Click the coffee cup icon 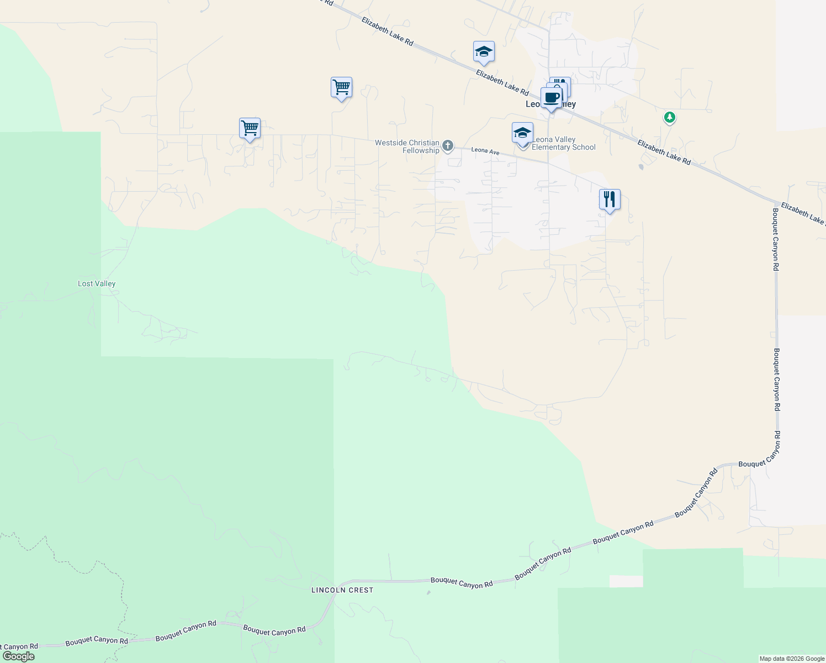coord(551,98)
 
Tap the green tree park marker coord(669,117)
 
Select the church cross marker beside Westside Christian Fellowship coord(448,146)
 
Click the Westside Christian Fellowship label coord(407,146)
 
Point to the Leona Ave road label coord(485,151)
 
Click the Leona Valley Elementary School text coord(563,144)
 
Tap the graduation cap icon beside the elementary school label coord(522,133)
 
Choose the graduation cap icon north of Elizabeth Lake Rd coord(484,52)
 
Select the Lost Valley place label coord(97,283)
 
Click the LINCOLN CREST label coord(342,590)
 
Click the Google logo coord(18,656)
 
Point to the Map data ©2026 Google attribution coord(792,659)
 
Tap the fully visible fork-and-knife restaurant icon coord(610,199)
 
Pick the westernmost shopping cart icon coord(250,128)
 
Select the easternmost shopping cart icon coord(341,87)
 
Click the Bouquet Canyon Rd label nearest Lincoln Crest coord(462,582)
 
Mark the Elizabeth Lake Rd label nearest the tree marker coord(664,152)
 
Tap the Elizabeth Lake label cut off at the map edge coord(803,213)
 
